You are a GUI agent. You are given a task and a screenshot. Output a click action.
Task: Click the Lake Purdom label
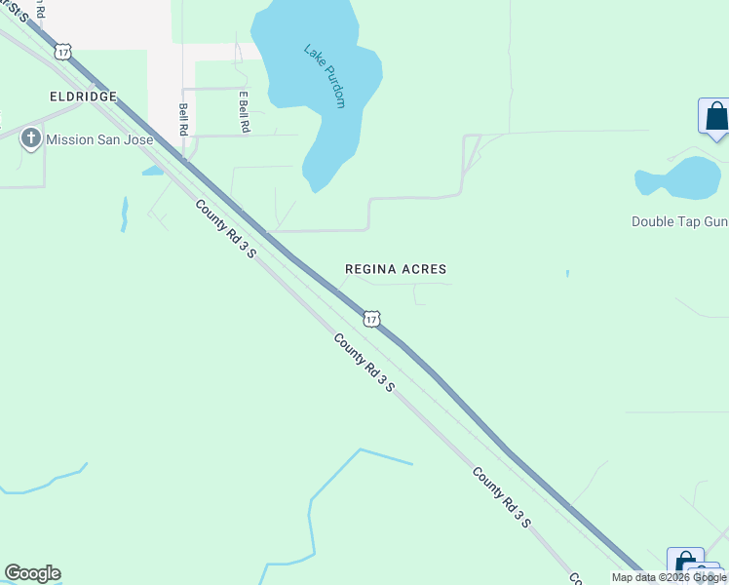point(326,76)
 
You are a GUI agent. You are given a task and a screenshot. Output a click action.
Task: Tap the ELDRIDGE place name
point(84,97)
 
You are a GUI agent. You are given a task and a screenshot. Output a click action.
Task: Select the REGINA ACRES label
point(396,268)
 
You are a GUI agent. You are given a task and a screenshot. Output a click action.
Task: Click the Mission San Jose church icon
point(29,139)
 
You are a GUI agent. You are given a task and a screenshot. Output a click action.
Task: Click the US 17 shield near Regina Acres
point(370,319)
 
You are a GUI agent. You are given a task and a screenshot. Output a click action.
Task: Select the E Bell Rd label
point(245,111)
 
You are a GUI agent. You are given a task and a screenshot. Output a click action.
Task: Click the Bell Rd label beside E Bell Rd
point(182,119)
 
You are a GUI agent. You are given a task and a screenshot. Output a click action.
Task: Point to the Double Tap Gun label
point(679,221)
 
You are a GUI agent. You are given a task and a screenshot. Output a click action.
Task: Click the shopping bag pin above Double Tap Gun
point(714,117)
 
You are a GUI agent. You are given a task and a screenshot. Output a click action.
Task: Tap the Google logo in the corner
point(32,573)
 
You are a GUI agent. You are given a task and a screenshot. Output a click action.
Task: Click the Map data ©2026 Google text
point(670,577)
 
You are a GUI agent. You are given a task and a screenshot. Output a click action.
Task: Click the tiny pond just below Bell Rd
point(152,171)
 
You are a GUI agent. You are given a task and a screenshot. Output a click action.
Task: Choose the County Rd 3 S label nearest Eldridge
point(225,229)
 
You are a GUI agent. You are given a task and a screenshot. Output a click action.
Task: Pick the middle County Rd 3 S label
point(364,363)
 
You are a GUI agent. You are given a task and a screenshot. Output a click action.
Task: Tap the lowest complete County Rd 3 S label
point(502,497)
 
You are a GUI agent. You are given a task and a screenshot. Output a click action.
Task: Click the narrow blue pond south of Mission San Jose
point(125,214)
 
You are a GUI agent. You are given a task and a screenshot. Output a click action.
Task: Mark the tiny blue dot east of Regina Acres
point(566,274)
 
